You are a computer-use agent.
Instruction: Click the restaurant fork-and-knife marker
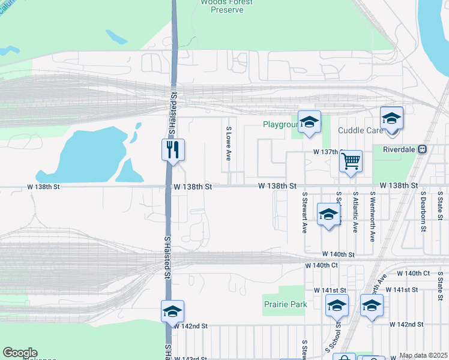173,149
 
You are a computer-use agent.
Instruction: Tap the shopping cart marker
351,160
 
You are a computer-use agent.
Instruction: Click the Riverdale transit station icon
423,149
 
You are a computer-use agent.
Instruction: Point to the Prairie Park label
286,304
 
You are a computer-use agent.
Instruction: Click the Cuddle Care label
360,130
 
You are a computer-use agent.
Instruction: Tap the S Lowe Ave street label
229,143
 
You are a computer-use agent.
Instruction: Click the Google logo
20,353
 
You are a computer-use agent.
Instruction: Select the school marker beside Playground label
309,122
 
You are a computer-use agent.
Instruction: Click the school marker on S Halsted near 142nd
172,311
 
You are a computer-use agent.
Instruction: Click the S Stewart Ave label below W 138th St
305,212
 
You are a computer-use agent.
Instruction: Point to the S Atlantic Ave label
355,212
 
